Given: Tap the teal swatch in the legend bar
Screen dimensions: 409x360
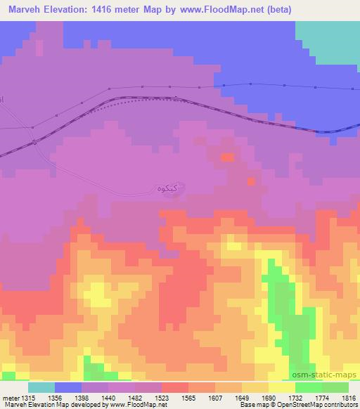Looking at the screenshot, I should (x=41, y=387).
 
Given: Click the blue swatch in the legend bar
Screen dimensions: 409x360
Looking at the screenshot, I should (x=68, y=387).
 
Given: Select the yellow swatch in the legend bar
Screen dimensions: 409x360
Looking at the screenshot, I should (x=282, y=387).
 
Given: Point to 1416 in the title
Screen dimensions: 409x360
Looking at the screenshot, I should (x=112, y=10).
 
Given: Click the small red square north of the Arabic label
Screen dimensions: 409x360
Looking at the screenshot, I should (x=227, y=157).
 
